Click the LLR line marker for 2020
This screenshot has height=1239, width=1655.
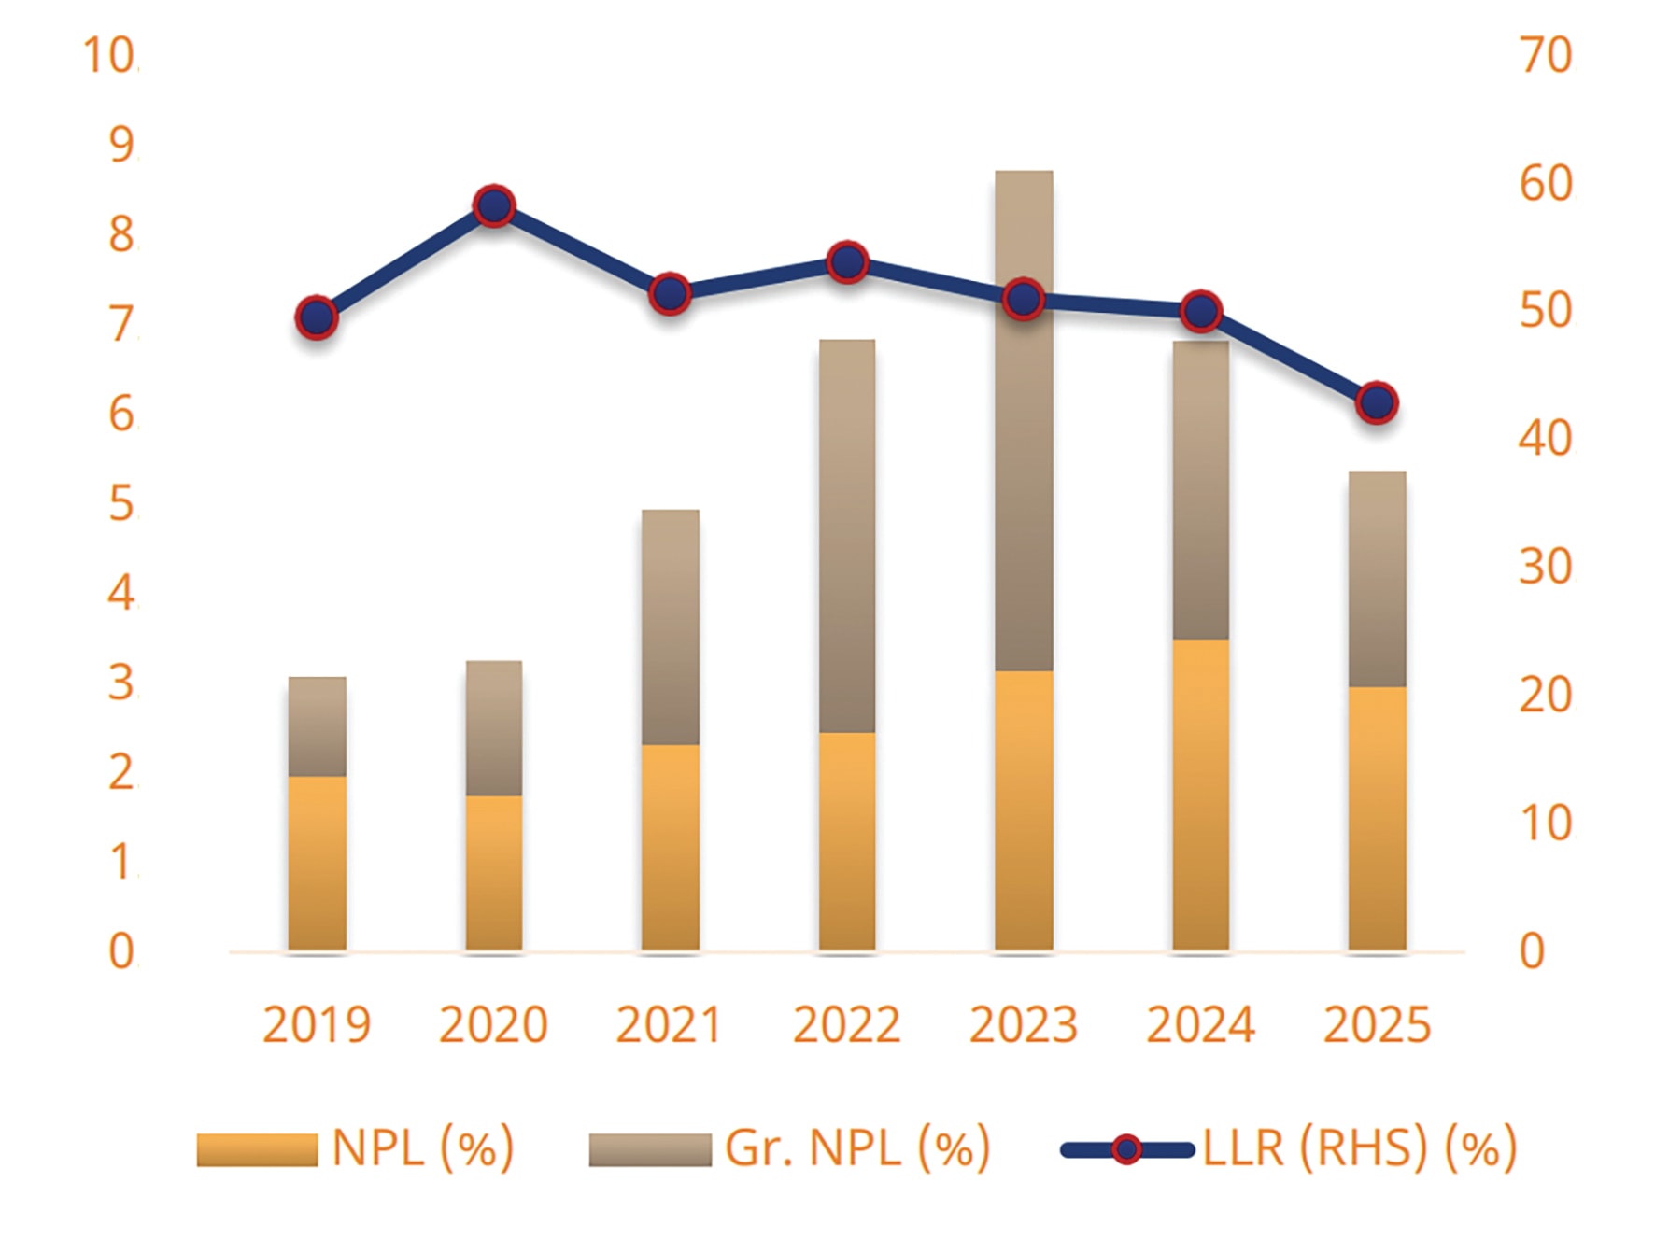(x=494, y=205)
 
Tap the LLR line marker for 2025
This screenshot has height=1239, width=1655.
(x=1377, y=402)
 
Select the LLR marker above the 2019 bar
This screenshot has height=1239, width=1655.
(x=317, y=317)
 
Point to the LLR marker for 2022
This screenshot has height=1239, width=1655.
(x=848, y=262)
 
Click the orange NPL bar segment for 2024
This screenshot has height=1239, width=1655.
(x=1200, y=794)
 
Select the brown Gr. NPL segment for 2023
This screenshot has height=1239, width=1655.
(x=1024, y=420)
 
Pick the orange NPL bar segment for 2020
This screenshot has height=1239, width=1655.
(x=494, y=872)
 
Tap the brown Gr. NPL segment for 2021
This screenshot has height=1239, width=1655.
(x=671, y=627)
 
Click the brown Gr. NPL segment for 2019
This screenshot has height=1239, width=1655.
(x=317, y=726)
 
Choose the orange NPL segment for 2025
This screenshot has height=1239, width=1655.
(x=1377, y=818)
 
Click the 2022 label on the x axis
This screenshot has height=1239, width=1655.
(x=846, y=1025)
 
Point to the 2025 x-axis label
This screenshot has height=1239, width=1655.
(x=1377, y=1025)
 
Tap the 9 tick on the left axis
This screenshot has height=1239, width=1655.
(x=121, y=145)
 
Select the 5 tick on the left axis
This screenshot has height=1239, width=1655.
(x=121, y=504)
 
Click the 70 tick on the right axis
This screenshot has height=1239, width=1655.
(x=1546, y=56)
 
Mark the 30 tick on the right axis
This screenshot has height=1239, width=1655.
(x=1546, y=567)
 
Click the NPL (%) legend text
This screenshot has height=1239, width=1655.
(x=422, y=1147)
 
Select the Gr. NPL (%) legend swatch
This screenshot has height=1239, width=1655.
(x=649, y=1149)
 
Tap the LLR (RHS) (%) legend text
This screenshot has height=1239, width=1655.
(x=1359, y=1147)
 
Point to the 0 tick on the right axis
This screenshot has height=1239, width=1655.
(x=1533, y=951)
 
